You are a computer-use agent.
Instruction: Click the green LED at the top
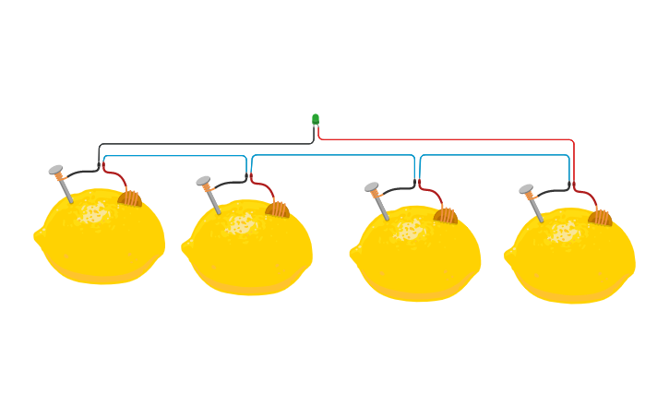[x=316, y=119]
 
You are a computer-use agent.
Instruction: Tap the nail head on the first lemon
[x=55, y=170]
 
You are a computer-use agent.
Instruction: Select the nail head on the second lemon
[x=203, y=181]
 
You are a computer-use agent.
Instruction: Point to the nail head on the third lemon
[x=372, y=187]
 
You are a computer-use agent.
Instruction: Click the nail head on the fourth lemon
[x=526, y=189]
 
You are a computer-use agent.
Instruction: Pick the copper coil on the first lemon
[x=130, y=198]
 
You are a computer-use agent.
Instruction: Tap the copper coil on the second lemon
[x=278, y=209]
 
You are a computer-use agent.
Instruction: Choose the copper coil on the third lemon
[x=446, y=215]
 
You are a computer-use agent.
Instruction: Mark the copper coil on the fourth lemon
[x=601, y=218]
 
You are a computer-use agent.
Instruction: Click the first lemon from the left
[x=100, y=245]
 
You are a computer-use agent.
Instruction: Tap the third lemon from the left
[x=416, y=260]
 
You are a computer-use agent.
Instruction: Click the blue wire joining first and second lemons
[x=175, y=156]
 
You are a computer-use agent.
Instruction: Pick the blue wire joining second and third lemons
[x=332, y=155]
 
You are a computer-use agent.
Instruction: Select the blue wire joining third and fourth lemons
[x=495, y=155]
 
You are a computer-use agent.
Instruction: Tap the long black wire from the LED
[x=203, y=144]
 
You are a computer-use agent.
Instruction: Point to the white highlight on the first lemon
[x=92, y=214]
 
